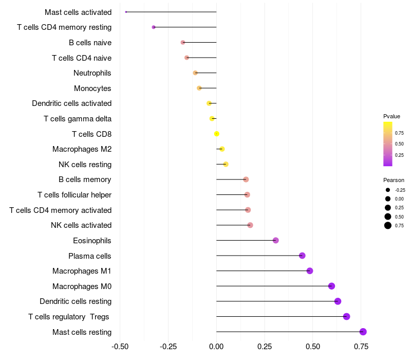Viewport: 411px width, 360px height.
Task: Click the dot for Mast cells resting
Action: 363,332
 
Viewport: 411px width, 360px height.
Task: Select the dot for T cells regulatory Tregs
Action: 347,316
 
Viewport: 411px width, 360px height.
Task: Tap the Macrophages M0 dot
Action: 331,286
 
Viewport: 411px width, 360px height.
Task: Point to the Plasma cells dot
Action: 302,256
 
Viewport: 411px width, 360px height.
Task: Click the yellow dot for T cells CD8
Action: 217,134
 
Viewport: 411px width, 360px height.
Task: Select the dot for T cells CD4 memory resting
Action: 154,27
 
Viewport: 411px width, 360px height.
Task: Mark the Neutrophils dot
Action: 195,73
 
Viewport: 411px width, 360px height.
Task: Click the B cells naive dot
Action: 183,42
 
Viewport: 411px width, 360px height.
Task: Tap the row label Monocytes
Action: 92,88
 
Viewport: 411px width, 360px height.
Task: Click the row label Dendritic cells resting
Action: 76,301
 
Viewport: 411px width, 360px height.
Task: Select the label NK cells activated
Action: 81,225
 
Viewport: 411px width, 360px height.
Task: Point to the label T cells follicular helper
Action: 74,195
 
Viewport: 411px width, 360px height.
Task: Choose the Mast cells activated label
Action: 78,12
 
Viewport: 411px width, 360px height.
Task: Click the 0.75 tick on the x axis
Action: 361,346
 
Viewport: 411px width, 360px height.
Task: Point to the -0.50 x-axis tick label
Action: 120,346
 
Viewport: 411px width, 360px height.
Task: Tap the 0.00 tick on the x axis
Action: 217,346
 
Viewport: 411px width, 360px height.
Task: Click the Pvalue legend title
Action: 391,116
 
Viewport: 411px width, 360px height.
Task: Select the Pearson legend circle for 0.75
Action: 388,225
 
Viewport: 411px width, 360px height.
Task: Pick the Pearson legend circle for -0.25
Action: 388,190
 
